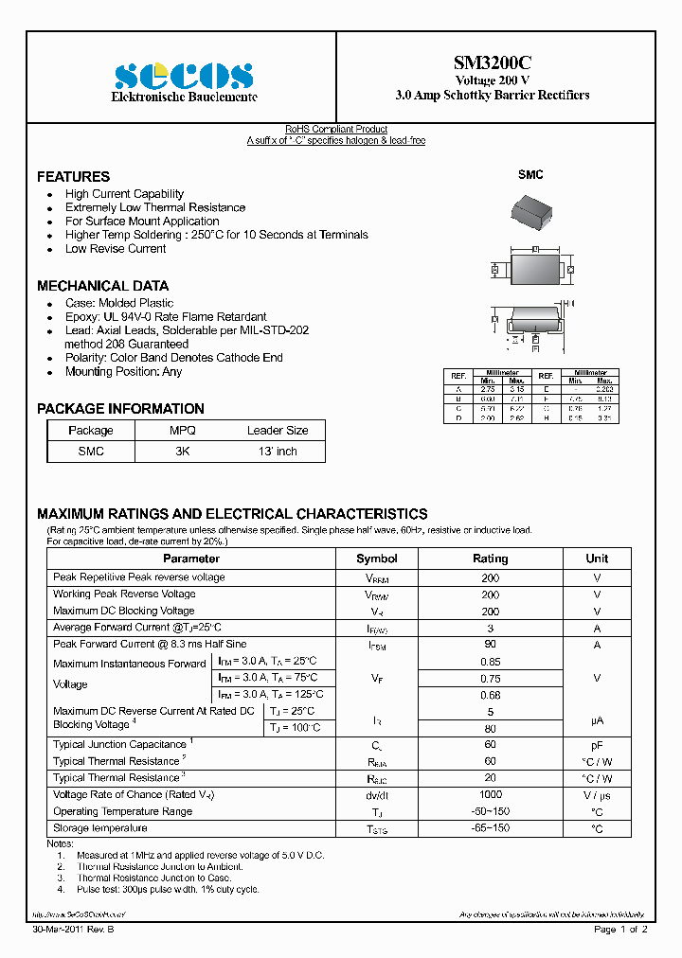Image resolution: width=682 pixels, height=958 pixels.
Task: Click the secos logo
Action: (184, 76)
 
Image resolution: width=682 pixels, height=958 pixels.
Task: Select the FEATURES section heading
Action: (73, 177)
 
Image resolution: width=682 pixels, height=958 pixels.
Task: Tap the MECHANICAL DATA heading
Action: (102, 286)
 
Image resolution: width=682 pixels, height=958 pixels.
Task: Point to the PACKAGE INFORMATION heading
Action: (120, 409)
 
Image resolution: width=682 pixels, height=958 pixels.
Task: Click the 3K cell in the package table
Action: (182, 452)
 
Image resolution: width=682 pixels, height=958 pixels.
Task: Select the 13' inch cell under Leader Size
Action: (278, 452)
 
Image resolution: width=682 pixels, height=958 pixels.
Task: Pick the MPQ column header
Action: (182, 430)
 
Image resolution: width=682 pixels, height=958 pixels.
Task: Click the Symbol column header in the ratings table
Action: (376, 559)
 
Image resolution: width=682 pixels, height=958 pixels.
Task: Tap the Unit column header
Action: (597, 559)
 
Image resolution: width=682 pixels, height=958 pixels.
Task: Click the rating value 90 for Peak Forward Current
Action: (490, 645)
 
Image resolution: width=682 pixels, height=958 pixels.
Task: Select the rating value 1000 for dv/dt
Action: (490, 795)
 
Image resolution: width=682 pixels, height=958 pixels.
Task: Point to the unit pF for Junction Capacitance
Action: (597, 745)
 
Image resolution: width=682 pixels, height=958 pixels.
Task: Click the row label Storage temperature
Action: (100, 828)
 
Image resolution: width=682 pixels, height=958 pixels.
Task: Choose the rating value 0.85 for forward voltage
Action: (490, 662)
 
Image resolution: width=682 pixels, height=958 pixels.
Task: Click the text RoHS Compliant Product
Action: (336, 130)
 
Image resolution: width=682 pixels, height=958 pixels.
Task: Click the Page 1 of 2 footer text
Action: (620, 930)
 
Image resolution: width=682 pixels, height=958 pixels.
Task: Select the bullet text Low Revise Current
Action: (116, 249)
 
